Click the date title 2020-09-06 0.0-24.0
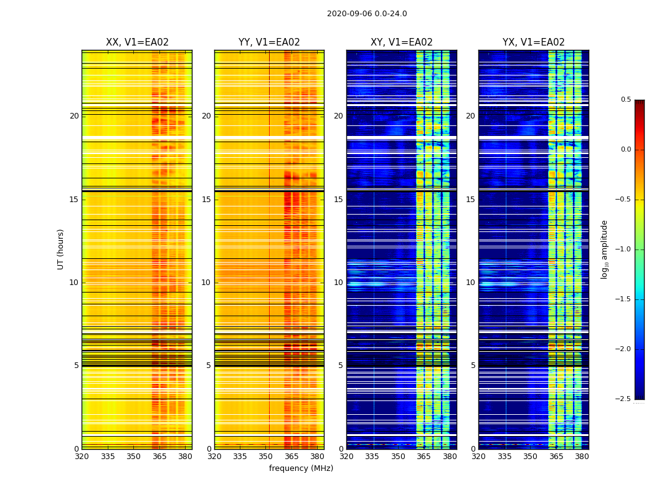pos(367,14)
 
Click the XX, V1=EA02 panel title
pos(137,42)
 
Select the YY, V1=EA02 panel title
pos(269,42)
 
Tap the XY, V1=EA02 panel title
pos(401,42)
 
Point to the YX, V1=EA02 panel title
pos(533,42)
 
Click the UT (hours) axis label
pos(60,249)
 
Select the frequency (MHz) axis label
pos(301,468)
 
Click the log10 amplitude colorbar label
pos(604,249)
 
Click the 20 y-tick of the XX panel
pos(74,116)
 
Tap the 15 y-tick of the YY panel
pos(206,200)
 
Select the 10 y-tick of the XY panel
pos(338,283)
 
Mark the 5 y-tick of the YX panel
pos(473,366)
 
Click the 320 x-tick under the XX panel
pos(82,457)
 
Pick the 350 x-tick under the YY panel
pos(266,457)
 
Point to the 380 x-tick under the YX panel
pos(582,457)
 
